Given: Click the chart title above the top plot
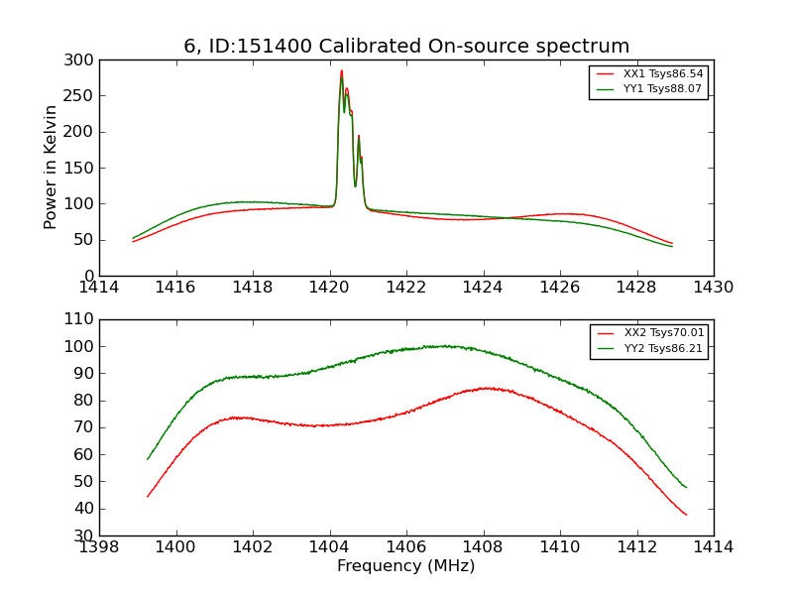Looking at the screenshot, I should [x=406, y=47].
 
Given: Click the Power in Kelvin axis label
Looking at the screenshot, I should [x=51, y=168].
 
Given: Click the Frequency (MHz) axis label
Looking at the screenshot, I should [x=406, y=566].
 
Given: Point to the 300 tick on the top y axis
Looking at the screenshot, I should [x=83, y=60].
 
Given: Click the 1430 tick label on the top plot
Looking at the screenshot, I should [x=713, y=288].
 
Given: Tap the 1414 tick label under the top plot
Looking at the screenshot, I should [x=100, y=288].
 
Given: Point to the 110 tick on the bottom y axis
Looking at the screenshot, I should [x=83, y=319].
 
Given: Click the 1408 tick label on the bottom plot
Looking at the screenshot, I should [x=483, y=547].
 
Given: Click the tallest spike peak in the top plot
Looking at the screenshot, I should [x=341, y=70].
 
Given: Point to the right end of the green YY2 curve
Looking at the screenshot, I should [x=686, y=487].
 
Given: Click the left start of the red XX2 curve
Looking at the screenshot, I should [x=148, y=496].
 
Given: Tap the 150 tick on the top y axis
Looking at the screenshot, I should [x=83, y=168].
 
